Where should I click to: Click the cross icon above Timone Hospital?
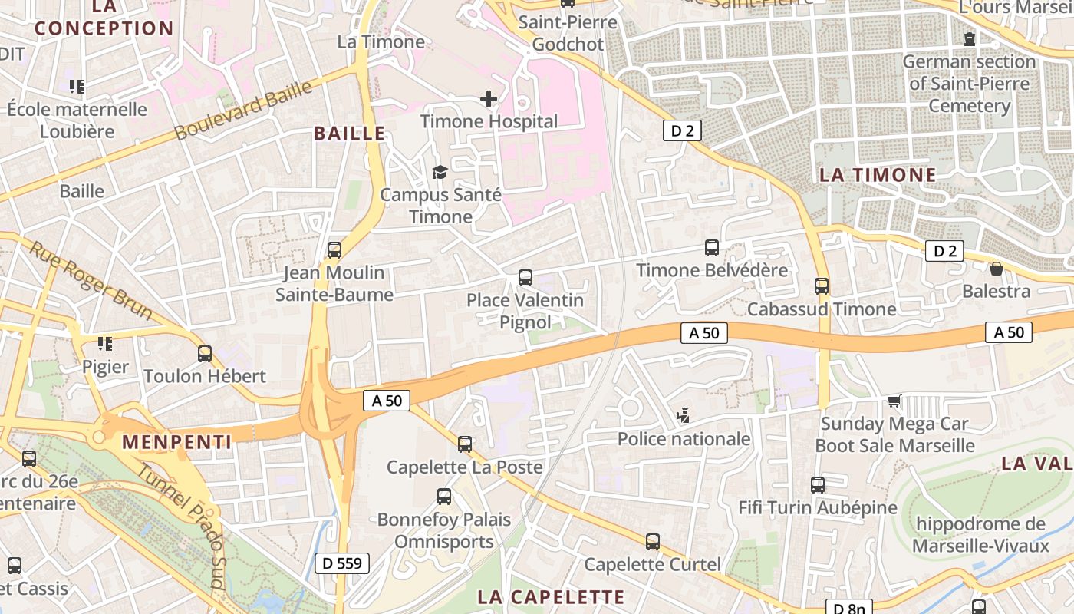tap(488, 99)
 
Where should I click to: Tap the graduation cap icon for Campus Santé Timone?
tap(440, 172)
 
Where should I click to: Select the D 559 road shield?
tap(342, 563)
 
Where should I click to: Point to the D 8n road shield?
tap(848, 608)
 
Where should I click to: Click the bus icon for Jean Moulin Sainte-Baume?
tap(334, 249)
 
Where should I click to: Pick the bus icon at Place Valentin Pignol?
tap(525, 277)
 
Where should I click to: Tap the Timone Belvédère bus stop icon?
tap(712, 247)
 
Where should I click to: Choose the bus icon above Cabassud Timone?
tap(822, 286)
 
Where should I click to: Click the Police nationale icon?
tap(684, 417)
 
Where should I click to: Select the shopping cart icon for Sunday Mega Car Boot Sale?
tap(894, 401)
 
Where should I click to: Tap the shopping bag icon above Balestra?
tap(996, 269)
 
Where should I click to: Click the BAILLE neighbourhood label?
tap(349, 134)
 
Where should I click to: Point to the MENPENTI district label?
tap(176, 442)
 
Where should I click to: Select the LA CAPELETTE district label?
tap(551, 597)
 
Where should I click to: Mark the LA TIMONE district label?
tap(878, 175)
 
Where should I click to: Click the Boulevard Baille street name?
tap(243, 111)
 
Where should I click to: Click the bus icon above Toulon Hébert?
tap(205, 353)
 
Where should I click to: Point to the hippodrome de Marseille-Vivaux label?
tap(981, 535)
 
